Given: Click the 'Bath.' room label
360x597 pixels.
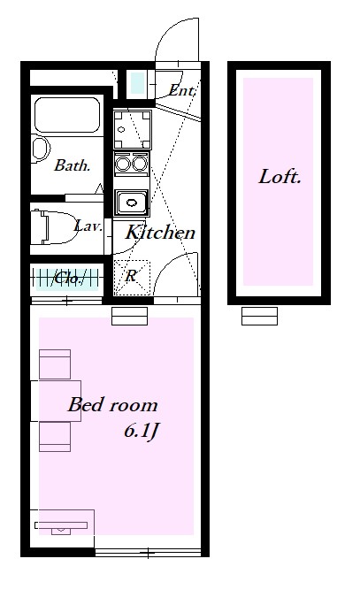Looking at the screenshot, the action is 72,165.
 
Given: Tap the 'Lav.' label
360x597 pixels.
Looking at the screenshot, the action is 88,226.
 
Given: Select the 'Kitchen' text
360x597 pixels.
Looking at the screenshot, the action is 160,233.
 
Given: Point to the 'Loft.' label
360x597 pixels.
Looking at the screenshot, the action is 280,177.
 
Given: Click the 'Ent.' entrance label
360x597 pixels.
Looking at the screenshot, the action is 182,90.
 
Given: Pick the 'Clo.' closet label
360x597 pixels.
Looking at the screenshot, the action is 68,279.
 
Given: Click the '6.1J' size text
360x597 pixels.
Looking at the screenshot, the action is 141,432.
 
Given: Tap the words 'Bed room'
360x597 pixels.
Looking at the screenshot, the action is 112,405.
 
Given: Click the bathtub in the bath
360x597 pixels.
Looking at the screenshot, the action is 67,115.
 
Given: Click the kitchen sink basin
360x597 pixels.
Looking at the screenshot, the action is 132,203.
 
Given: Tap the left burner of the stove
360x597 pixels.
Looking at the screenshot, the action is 123,164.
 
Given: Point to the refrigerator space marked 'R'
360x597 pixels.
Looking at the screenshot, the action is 132,278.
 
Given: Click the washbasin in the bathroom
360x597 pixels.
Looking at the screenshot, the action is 41,149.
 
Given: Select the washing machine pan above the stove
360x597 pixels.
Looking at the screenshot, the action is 132,129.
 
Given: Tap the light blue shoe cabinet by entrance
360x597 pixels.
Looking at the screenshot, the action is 137,83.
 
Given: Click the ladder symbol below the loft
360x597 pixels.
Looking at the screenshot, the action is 259,317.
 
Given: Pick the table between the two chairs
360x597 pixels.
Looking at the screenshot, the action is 56,401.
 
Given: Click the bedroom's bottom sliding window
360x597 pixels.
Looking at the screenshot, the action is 148,553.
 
